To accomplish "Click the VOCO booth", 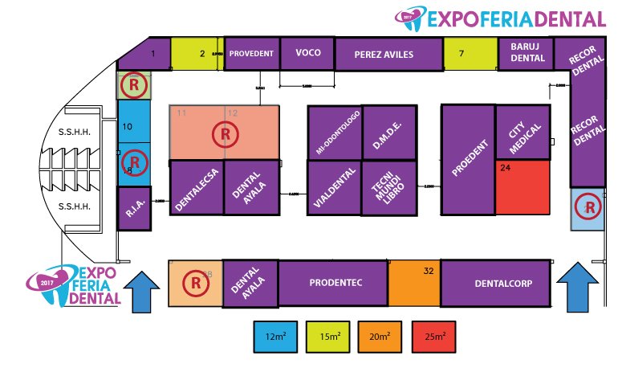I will [x=308, y=53].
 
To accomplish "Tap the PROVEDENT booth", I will [x=252, y=53].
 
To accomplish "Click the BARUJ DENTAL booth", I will [x=527, y=52].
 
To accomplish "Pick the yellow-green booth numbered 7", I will [x=470, y=54].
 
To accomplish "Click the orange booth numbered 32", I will [x=414, y=283].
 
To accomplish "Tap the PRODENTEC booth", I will [x=333, y=283].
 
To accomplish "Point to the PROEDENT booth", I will [x=468, y=161].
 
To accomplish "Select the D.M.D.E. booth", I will [x=388, y=132].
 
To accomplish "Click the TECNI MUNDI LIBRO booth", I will [x=388, y=188].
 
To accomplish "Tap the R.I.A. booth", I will [x=133, y=209].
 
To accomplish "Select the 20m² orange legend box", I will [x=383, y=334].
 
